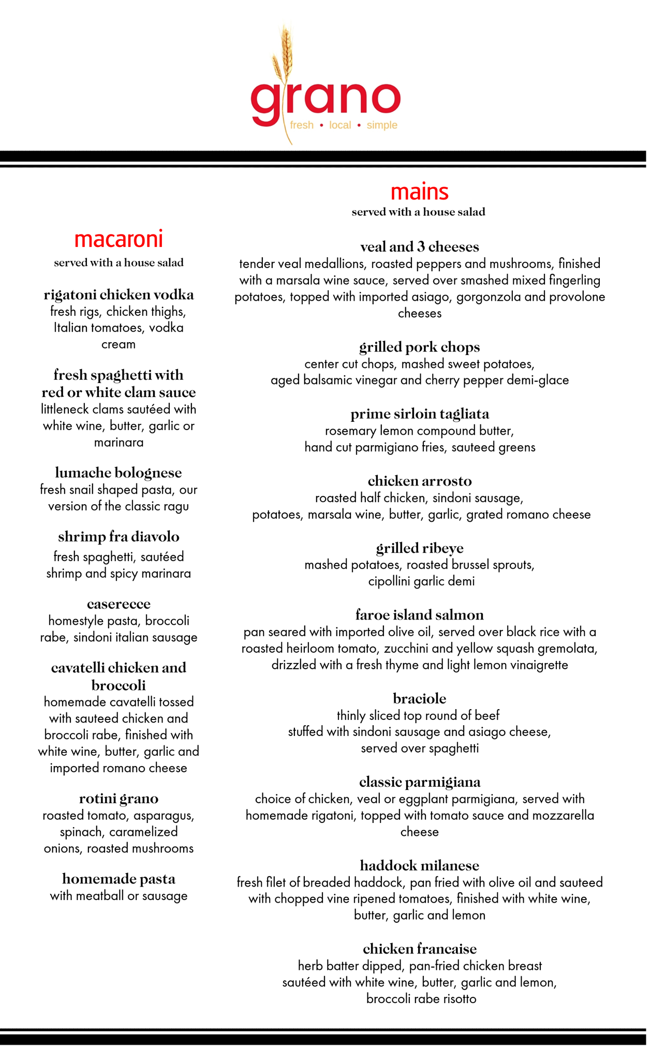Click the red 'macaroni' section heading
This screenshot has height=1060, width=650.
pyautogui.click(x=119, y=239)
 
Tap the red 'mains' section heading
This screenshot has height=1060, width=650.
pyautogui.click(x=419, y=192)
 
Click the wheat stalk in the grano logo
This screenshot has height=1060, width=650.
pyautogui.click(x=284, y=57)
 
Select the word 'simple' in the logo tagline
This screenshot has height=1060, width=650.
pyautogui.click(x=382, y=125)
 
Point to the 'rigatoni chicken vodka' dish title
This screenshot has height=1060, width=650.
pyautogui.click(x=119, y=295)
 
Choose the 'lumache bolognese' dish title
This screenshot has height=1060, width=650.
pyautogui.click(x=119, y=473)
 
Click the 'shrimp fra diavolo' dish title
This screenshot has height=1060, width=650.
pyautogui.click(x=119, y=537)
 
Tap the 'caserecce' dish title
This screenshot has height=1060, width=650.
pyautogui.click(x=119, y=604)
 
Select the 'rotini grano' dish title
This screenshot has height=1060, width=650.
pyautogui.click(x=119, y=799)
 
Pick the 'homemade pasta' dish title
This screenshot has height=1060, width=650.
pyautogui.click(x=119, y=879)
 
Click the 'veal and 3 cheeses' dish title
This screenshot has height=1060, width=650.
pyautogui.click(x=419, y=247)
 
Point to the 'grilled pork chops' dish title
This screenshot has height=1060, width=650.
pyautogui.click(x=419, y=347)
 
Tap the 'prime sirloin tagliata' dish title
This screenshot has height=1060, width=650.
pyautogui.click(x=419, y=414)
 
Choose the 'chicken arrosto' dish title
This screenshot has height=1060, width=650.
pyautogui.click(x=419, y=481)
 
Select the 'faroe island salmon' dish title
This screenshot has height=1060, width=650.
pyautogui.click(x=419, y=615)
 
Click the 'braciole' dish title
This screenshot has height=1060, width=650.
pyautogui.click(x=419, y=699)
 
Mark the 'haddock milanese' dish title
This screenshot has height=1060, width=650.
pyautogui.click(x=419, y=865)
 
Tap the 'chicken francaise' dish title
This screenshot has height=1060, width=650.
pyautogui.click(x=419, y=949)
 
